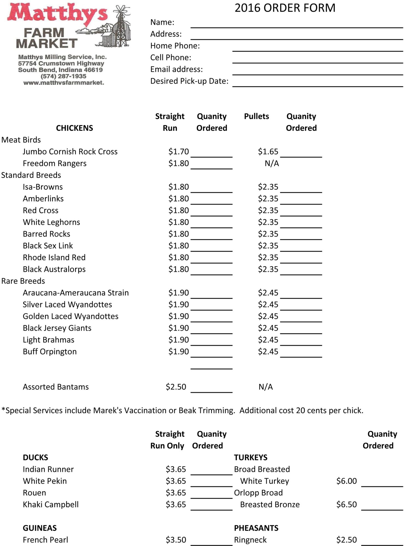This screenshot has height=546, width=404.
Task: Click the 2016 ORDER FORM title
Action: [285, 8]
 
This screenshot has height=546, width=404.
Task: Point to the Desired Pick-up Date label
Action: [189, 81]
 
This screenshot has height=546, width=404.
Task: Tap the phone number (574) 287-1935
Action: [63, 76]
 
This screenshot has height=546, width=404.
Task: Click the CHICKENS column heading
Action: [74, 128]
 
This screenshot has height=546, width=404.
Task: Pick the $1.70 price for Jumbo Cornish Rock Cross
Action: [178, 152]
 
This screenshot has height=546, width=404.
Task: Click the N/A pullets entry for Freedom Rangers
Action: [272, 163]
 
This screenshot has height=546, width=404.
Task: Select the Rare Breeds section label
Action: [23, 281]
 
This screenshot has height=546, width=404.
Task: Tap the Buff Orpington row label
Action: [50, 352]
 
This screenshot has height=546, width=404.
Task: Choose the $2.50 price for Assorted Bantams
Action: [176, 387]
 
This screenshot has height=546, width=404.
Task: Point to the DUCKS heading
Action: [36, 458]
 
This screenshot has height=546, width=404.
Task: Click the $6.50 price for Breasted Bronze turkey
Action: [346, 505]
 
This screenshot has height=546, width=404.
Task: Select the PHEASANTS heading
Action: [256, 528]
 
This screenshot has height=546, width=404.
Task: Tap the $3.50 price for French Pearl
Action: [176, 540]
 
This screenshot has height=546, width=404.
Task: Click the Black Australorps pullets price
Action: [268, 269]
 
